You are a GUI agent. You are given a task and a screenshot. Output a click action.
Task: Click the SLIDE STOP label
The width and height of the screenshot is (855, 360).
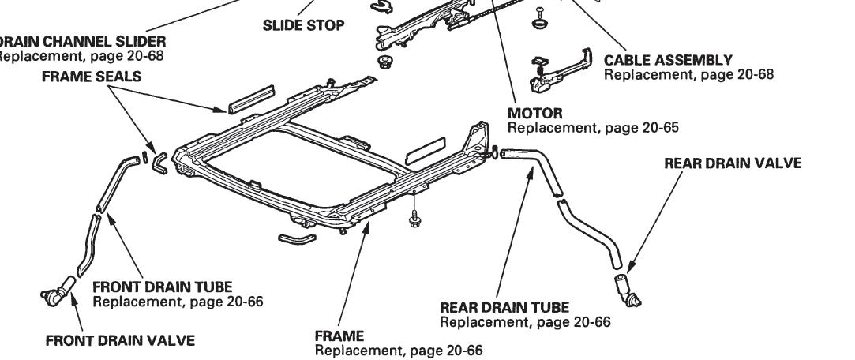pyautogui.click(x=303, y=26)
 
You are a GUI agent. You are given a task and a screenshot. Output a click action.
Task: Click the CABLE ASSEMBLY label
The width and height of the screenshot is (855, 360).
pyautogui.click(x=668, y=60)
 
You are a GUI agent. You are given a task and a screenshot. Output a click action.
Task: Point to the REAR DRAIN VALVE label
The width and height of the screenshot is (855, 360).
pyautogui.click(x=733, y=163)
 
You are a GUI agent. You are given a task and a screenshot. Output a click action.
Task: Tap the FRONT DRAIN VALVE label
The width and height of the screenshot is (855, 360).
pyautogui.click(x=118, y=340)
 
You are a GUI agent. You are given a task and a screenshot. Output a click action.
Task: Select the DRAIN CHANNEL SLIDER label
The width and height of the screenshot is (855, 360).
pyautogui.click(x=82, y=41)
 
